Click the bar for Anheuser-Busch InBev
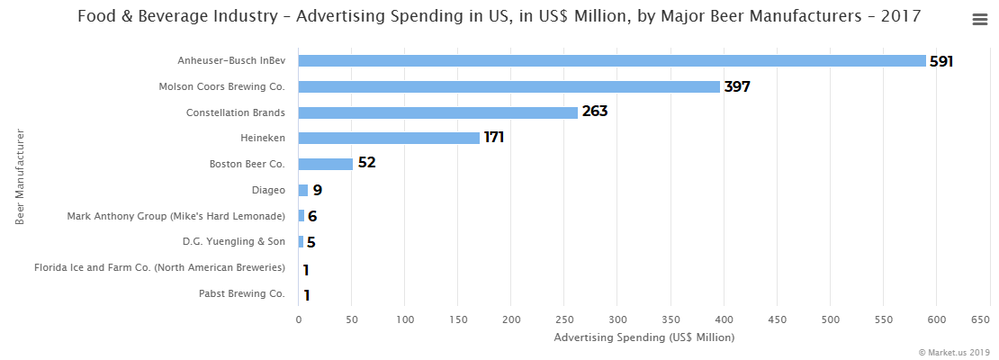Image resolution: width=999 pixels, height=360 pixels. [x=612, y=61]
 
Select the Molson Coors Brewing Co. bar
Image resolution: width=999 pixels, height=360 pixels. [x=508, y=87]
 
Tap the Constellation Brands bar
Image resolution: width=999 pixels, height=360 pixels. [x=437, y=112]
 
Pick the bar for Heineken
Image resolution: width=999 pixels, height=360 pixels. [x=389, y=138]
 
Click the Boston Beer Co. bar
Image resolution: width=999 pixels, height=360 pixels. [x=325, y=164]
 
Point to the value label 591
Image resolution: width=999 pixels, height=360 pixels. [x=940, y=61]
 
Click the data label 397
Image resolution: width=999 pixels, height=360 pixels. [x=737, y=87]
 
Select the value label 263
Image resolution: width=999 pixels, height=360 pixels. [x=595, y=112]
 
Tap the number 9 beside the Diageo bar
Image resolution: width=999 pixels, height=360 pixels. [x=317, y=191]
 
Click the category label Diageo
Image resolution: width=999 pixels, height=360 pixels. [x=268, y=191]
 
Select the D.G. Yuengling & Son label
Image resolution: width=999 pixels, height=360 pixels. [x=233, y=242]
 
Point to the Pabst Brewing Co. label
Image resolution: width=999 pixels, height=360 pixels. [x=241, y=294]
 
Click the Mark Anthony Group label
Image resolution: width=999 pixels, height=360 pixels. [x=176, y=216]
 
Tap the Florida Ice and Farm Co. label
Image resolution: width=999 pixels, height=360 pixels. [x=159, y=268]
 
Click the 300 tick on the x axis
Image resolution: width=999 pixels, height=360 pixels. [x=617, y=319]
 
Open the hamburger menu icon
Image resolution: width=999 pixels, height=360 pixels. [x=980, y=20]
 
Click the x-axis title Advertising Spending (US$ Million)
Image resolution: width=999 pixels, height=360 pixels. [x=643, y=337]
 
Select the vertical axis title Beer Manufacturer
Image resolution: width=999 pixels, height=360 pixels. [x=20, y=177]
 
